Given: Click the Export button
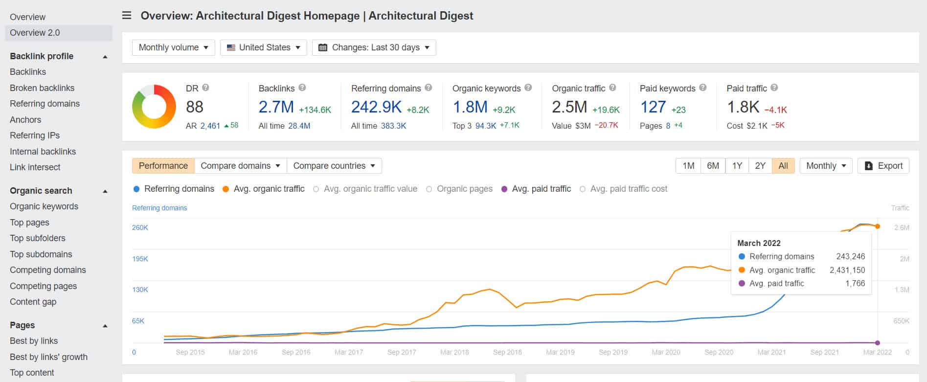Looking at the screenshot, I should click(x=883, y=166).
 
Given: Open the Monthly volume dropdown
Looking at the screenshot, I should click(x=173, y=47).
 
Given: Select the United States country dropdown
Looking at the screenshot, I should click(x=263, y=47).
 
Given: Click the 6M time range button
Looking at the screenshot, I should click(x=713, y=166).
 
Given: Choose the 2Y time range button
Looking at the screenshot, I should click(x=760, y=166).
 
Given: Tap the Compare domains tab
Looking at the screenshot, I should click(x=240, y=166).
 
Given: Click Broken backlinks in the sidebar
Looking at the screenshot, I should click(x=42, y=88).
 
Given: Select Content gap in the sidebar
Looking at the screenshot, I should click(x=33, y=302).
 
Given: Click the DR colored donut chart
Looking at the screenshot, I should click(x=154, y=107).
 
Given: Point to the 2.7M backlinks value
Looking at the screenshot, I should click(x=276, y=107).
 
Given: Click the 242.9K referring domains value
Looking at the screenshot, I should click(x=376, y=107).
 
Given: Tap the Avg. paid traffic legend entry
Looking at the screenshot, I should click(x=541, y=189).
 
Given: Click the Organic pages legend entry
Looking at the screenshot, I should click(x=464, y=189).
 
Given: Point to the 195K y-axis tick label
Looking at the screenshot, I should click(x=140, y=259).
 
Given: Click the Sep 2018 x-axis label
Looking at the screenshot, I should click(x=507, y=352).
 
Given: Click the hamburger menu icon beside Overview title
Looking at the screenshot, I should click(x=127, y=16).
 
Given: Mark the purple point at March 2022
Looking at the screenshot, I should click(x=878, y=343).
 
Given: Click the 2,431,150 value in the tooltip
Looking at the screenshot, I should click(x=847, y=270).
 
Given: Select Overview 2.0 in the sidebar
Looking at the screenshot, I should click(x=35, y=33).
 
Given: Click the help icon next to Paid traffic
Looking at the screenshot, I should click(x=774, y=88).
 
